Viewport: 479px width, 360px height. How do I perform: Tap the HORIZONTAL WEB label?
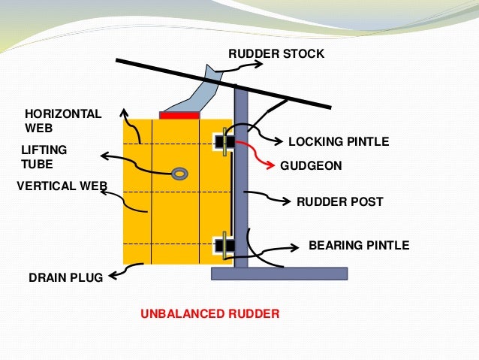63,121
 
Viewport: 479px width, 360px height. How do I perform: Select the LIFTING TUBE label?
44,157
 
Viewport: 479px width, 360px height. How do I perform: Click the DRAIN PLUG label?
65,277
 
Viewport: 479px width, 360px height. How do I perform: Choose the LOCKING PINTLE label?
339,141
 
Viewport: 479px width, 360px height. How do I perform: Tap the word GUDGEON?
311,166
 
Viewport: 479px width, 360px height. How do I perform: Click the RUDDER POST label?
340,201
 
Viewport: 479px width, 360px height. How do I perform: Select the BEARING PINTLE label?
359,245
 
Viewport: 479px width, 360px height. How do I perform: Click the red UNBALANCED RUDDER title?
209,313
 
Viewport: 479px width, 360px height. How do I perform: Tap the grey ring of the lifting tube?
179,174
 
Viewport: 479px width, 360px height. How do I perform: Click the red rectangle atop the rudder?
179,115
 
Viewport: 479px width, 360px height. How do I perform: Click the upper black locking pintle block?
224,141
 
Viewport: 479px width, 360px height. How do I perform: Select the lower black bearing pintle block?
224,245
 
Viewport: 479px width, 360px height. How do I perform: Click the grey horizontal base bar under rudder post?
279,274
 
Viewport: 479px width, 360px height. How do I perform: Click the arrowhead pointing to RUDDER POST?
288,201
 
